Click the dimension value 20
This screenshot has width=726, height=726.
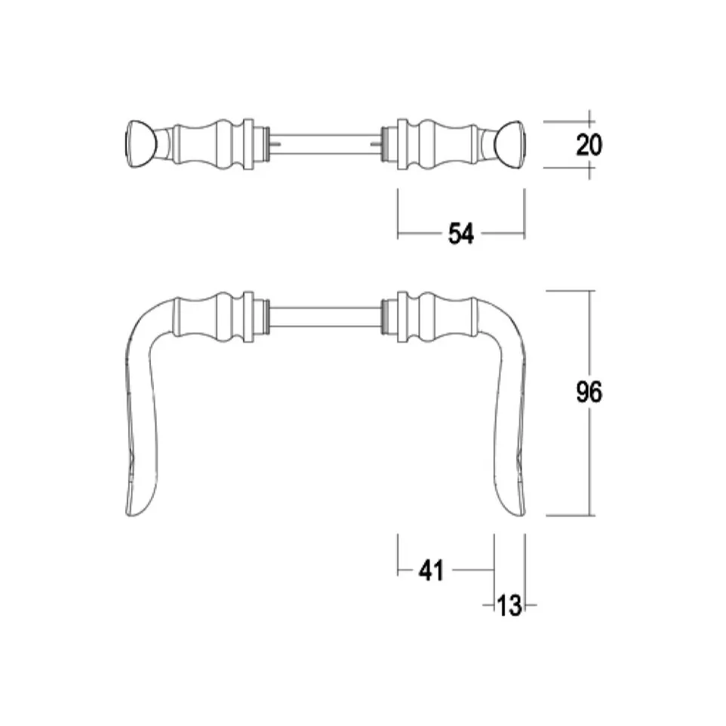point(589,145)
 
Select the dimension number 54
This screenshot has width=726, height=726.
point(461,234)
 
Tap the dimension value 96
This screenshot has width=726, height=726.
point(589,392)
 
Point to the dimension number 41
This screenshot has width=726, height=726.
point(431,570)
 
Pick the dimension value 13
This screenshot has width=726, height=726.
point(509,605)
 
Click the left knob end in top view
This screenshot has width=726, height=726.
point(141,144)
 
